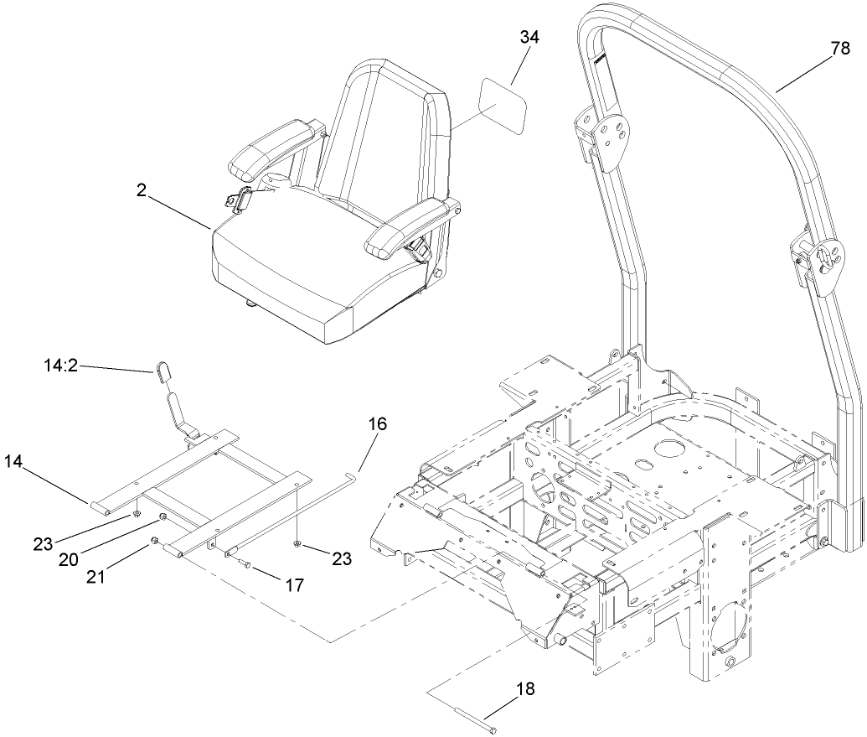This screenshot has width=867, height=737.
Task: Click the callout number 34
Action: click(529, 37)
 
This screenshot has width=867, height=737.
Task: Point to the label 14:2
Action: click(62, 366)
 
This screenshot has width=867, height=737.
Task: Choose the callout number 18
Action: click(525, 689)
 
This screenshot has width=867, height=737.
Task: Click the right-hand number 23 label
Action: click(342, 558)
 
